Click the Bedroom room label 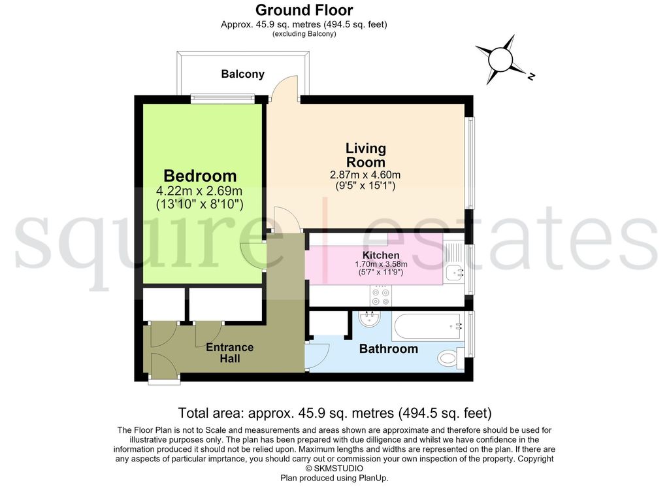point(200,176)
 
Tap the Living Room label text point(366,155)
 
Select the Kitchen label point(381,255)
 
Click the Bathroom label point(388,348)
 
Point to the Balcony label point(243,74)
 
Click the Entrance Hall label point(229,352)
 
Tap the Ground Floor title point(304,9)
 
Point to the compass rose point(500,59)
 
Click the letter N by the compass point(531,76)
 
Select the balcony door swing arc point(285,88)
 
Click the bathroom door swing point(317,356)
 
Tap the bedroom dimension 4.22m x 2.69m point(199,191)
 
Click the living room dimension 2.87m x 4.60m point(365,175)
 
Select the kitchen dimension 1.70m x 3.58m point(381,264)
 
